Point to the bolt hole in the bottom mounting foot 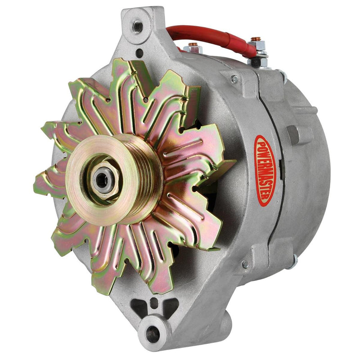click(x=153, y=333)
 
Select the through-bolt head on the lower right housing click(x=246, y=265)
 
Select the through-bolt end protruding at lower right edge click(x=294, y=261)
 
